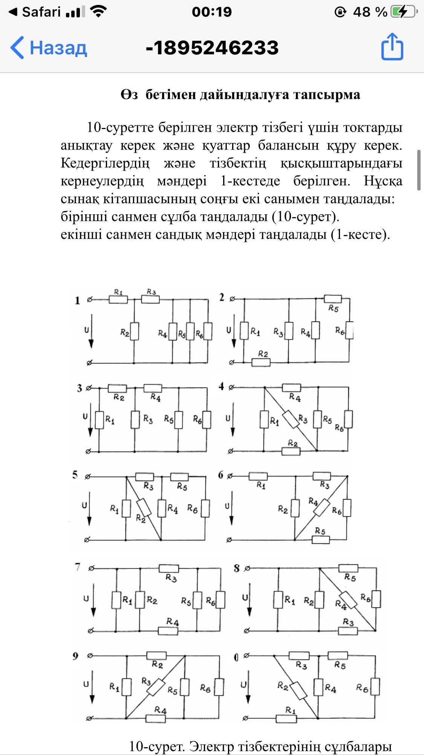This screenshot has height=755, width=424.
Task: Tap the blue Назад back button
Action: point(49,48)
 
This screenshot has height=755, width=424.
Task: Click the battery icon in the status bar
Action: point(404,12)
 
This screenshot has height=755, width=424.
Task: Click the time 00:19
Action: point(212,12)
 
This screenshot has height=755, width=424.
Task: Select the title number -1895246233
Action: point(212,48)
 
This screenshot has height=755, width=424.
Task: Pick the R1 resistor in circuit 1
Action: point(118,300)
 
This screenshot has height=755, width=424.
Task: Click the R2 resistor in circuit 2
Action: point(261,363)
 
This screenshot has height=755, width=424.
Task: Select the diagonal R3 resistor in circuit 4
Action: point(291,419)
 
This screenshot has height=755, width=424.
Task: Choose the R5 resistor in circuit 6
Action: point(321,540)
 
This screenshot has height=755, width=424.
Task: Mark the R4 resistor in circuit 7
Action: point(168,630)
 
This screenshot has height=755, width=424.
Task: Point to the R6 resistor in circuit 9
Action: point(219,687)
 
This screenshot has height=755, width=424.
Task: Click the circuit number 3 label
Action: point(79,388)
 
